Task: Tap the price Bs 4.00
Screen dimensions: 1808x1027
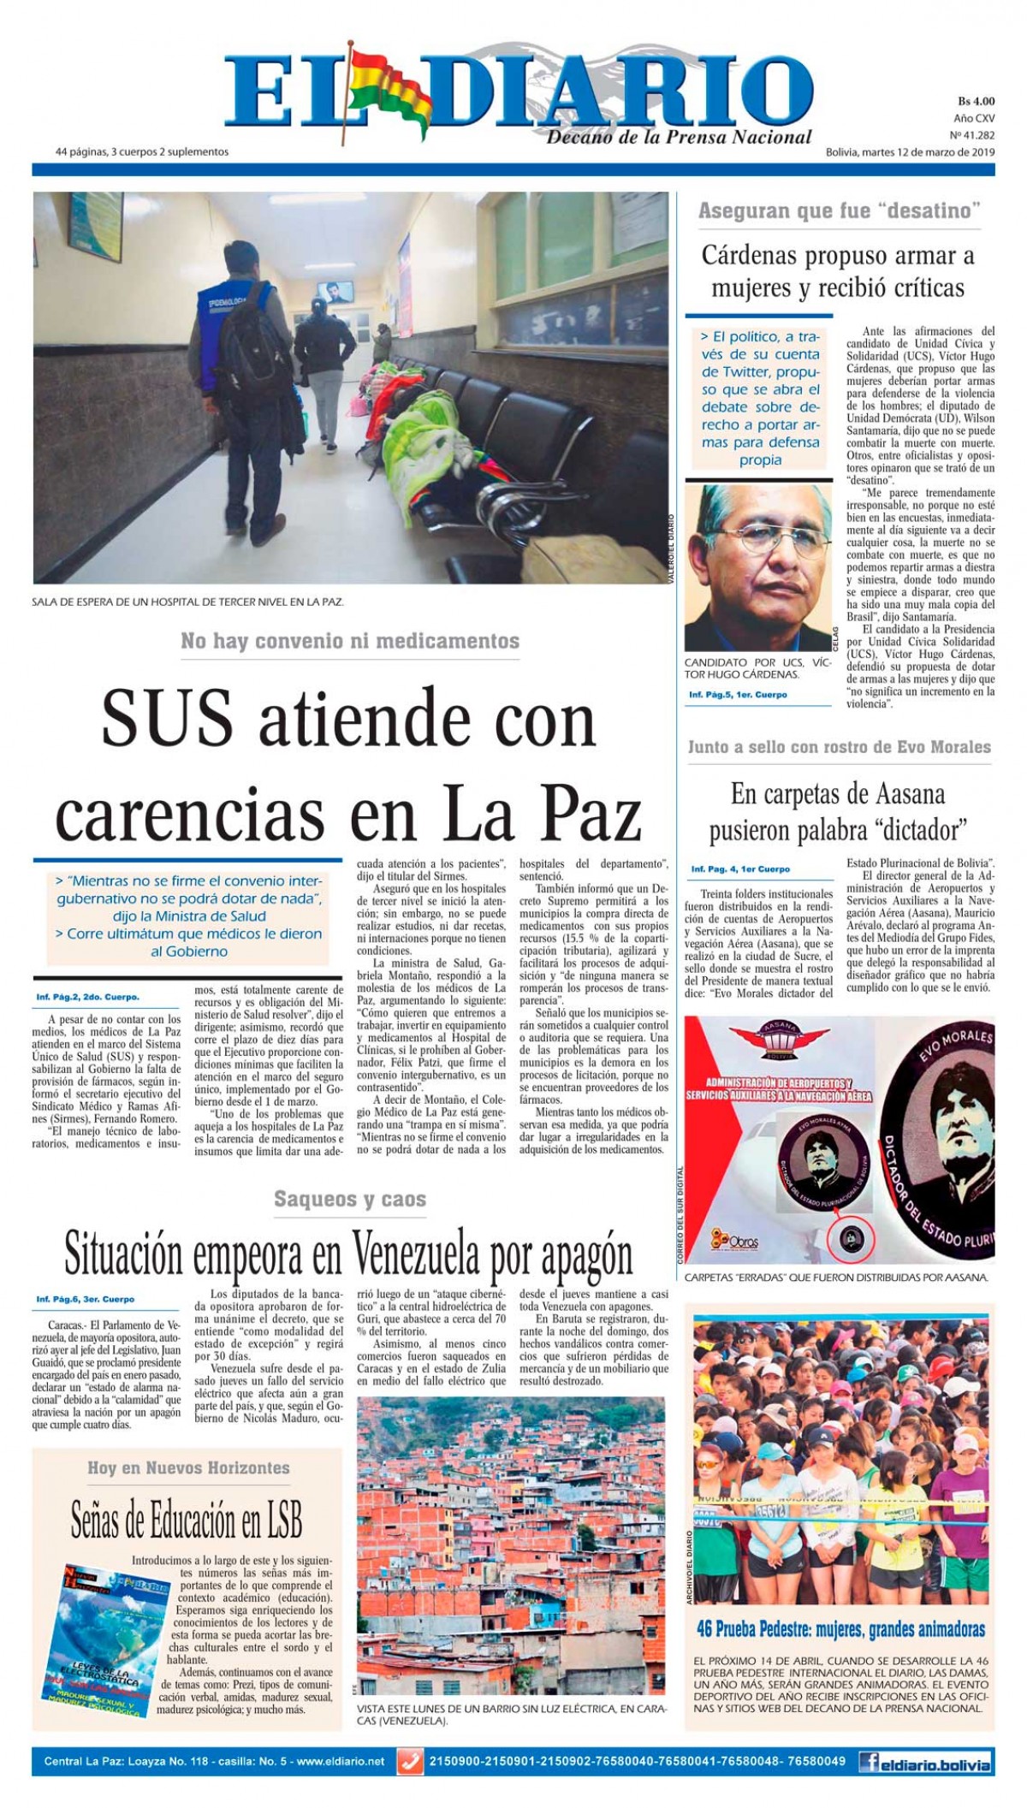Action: (975, 102)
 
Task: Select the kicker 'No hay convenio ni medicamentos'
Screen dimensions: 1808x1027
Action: (350, 641)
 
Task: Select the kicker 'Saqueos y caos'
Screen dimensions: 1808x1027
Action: (350, 1199)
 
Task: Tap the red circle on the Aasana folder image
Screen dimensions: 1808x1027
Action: (851, 1238)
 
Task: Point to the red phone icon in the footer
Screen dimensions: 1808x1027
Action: (410, 1763)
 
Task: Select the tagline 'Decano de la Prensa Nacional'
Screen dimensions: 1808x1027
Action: (680, 137)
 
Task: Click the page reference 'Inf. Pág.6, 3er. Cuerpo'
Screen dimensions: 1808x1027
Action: (86, 1299)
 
